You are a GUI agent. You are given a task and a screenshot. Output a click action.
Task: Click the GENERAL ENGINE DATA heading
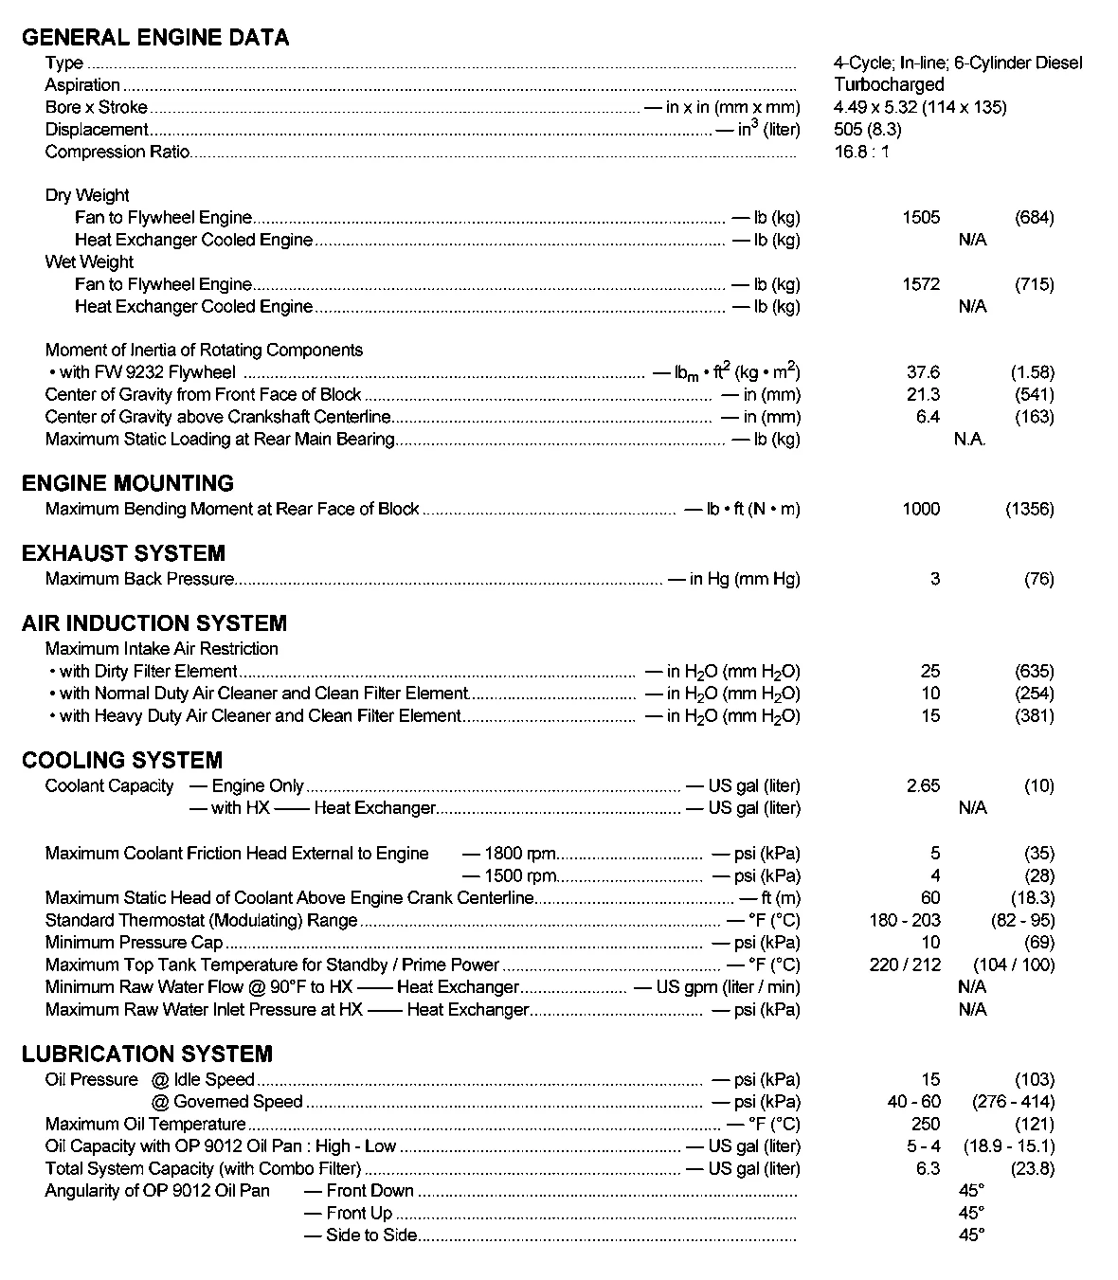pyautogui.click(x=155, y=38)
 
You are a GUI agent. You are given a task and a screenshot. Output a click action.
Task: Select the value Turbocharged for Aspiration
pyautogui.click(x=889, y=85)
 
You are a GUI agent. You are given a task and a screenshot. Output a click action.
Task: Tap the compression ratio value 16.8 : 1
pyautogui.click(x=861, y=152)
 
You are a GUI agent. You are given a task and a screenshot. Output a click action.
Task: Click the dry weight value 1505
pyautogui.click(x=921, y=218)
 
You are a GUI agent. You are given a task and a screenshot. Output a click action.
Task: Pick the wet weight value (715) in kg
pyautogui.click(x=1034, y=284)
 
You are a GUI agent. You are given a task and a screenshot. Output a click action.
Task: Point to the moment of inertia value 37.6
pyautogui.click(x=923, y=372)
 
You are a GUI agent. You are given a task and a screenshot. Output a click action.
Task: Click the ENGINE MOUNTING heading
pyautogui.click(x=128, y=483)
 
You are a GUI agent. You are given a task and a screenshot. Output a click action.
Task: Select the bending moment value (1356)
pyautogui.click(x=1029, y=509)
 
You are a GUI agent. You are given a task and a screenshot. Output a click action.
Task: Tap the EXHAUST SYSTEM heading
pyautogui.click(x=123, y=553)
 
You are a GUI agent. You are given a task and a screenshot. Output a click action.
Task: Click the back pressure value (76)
pyautogui.click(x=1038, y=579)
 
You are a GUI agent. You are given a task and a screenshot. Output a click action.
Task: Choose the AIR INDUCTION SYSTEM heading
pyautogui.click(x=154, y=623)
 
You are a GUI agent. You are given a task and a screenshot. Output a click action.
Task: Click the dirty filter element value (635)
pyautogui.click(x=1034, y=672)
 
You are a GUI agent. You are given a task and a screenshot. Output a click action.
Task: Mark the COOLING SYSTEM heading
pyautogui.click(x=122, y=760)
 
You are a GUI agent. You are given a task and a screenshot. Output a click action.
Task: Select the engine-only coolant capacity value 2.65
pyautogui.click(x=923, y=785)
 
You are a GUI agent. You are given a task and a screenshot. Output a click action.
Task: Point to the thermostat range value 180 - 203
pyautogui.click(x=904, y=920)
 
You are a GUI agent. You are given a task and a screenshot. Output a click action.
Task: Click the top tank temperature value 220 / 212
pyautogui.click(x=904, y=965)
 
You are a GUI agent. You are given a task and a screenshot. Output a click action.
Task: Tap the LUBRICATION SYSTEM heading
pyautogui.click(x=147, y=1054)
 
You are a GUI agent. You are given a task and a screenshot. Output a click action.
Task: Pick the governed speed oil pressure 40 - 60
pyautogui.click(x=913, y=1102)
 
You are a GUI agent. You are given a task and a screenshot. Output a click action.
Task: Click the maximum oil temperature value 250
pyautogui.click(x=925, y=1124)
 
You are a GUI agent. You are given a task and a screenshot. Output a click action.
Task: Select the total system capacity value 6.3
pyautogui.click(x=928, y=1168)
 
